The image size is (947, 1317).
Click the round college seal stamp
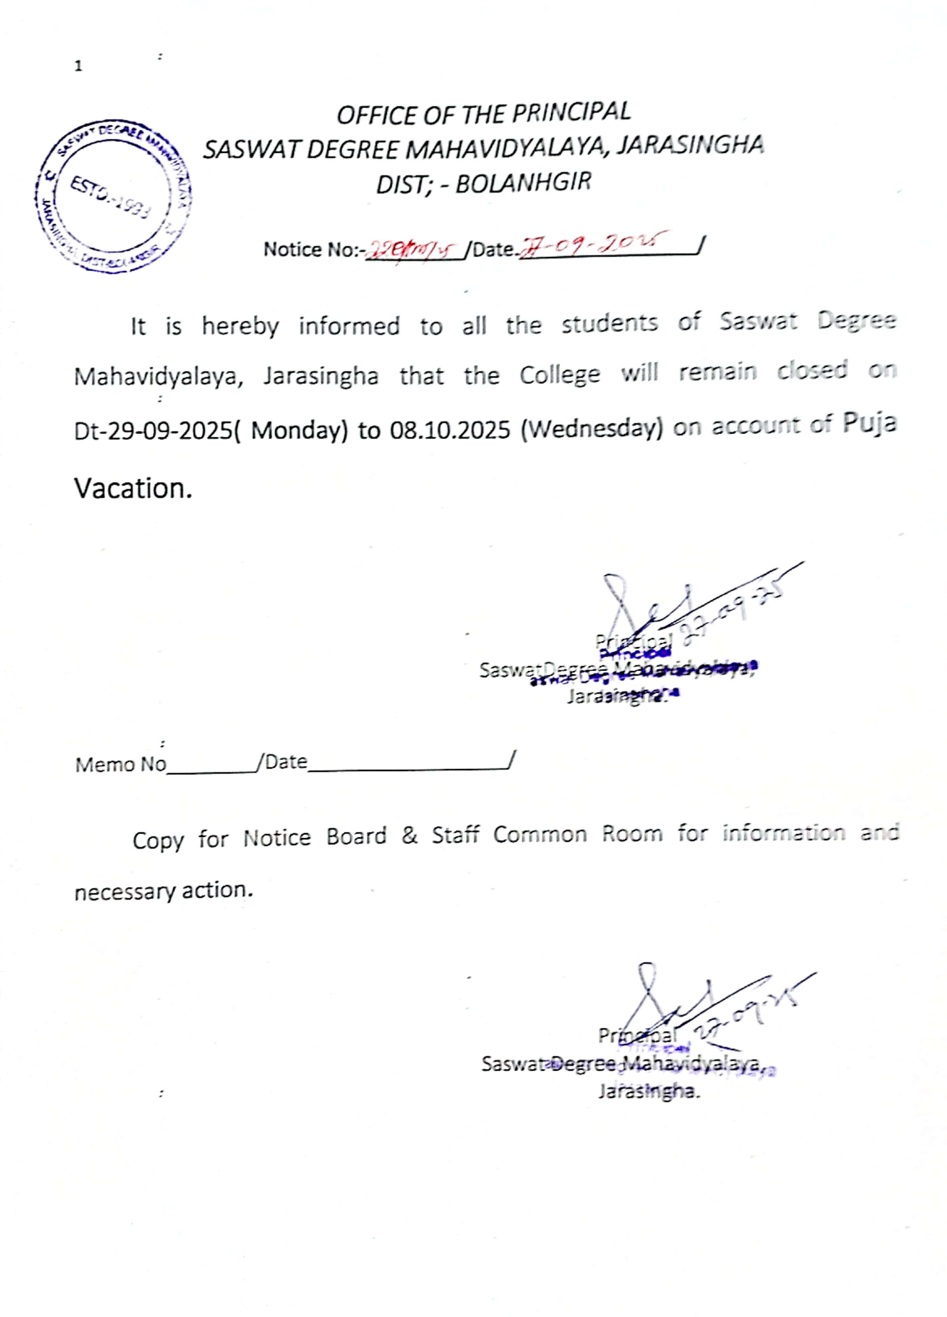click(113, 197)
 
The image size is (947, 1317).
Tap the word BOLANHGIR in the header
click(523, 183)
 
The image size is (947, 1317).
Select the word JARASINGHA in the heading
click(690, 145)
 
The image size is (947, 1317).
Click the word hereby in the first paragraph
click(240, 327)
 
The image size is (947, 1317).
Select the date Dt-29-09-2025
click(153, 431)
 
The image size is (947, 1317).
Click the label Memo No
click(120, 764)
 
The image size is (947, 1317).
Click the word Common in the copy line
click(540, 834)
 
